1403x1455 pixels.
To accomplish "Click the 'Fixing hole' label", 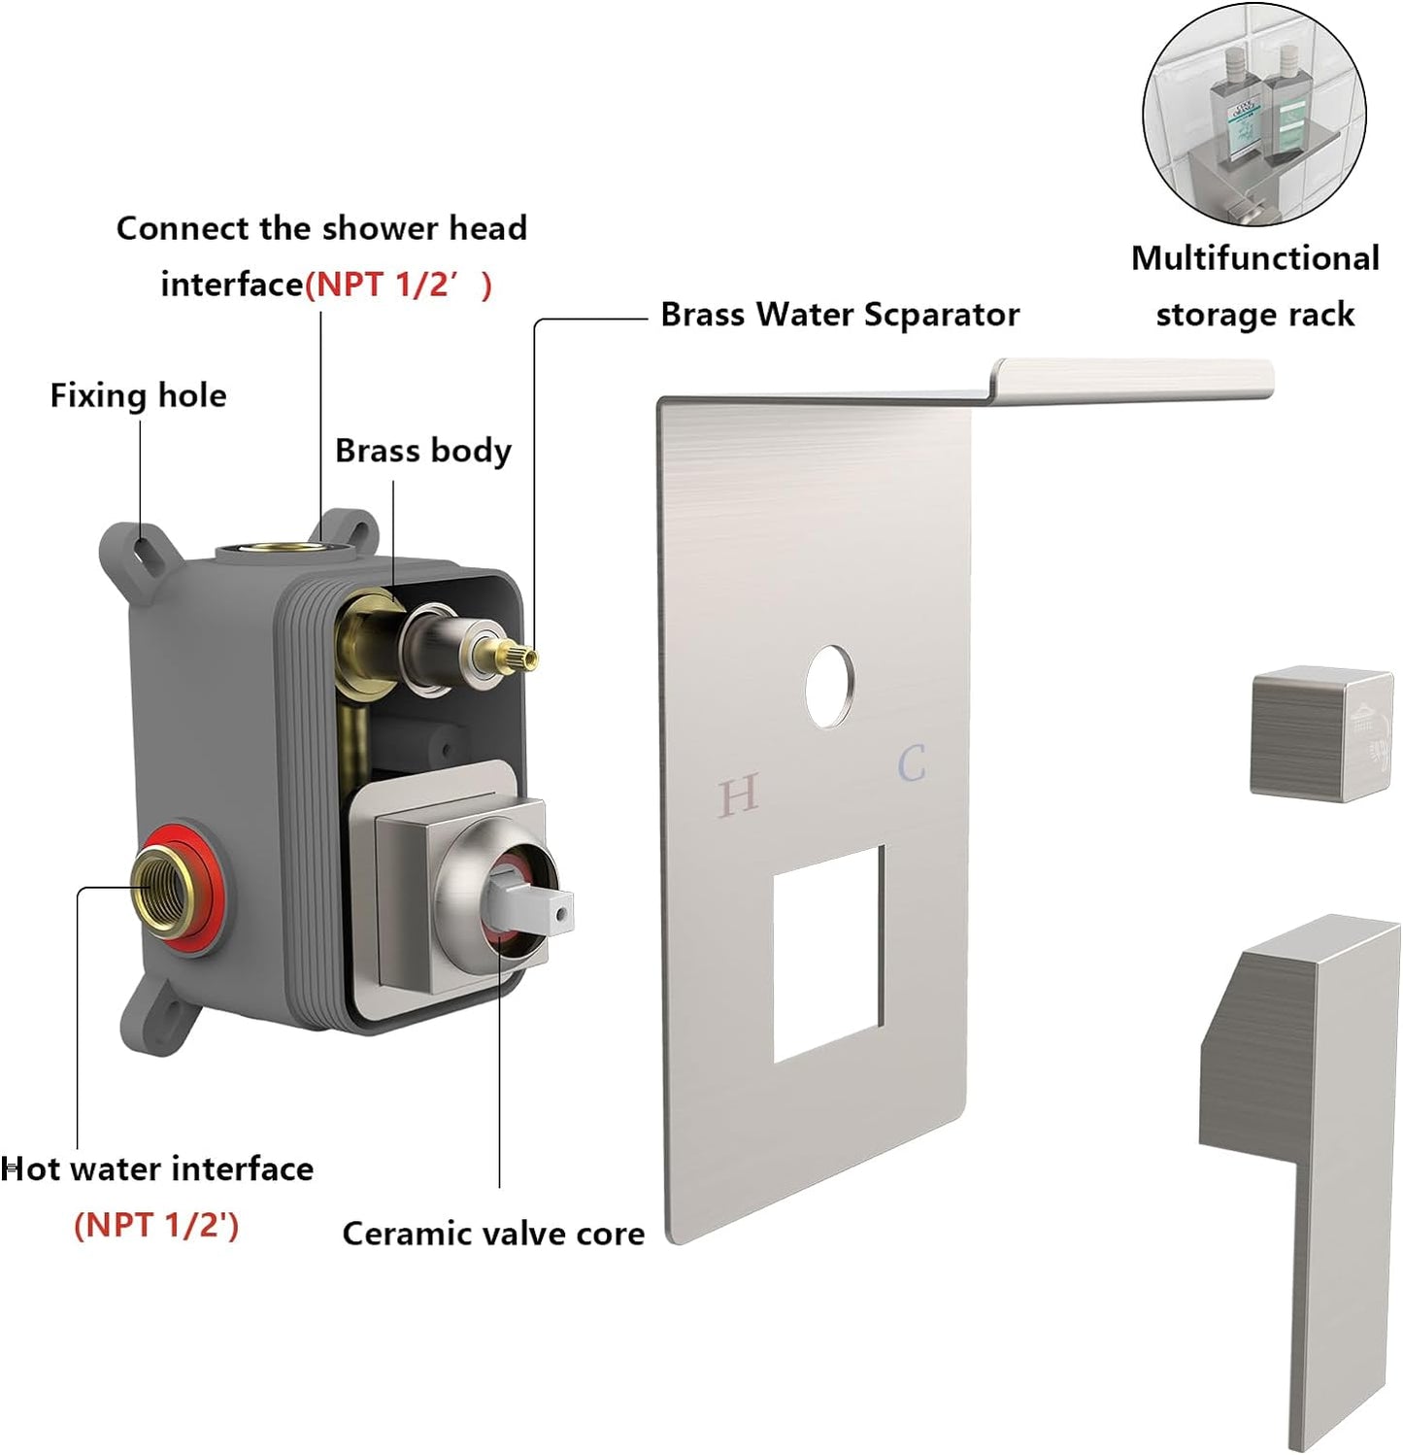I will click(138, 395).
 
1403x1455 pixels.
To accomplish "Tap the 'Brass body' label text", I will click(422, 451).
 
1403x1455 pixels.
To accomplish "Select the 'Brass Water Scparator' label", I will click(839, 315).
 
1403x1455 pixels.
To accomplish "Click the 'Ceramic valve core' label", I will click(493, 1234).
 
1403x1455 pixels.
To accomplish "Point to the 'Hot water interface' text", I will click(157, 1168).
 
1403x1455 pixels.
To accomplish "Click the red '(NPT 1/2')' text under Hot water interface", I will click(156, 1225).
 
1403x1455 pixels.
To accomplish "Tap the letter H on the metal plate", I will click(738, 796).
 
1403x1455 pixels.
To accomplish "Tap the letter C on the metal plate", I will click(912, 763).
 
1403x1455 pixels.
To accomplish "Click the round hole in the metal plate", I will click(830, 686).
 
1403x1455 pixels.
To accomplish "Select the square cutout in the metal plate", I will click(828, 953).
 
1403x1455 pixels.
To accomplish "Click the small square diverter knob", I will click(1320, 733).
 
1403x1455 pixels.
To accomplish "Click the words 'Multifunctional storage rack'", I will click(1254, 287).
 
